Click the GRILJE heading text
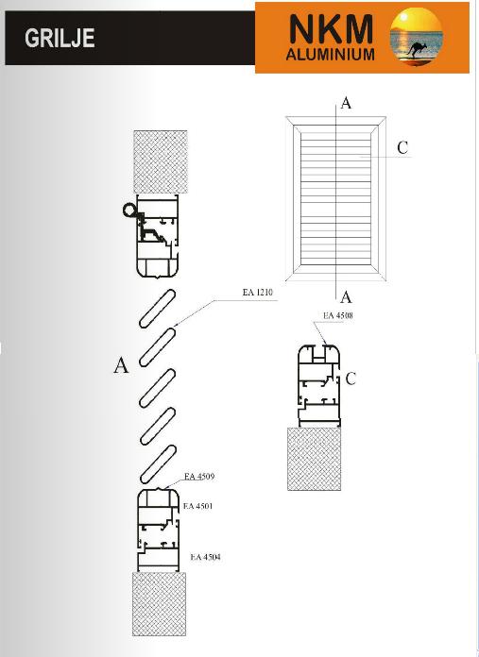60,38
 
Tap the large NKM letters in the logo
331,28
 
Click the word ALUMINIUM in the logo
330,55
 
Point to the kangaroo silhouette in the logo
416,49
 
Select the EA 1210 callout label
258,292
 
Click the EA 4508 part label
338,315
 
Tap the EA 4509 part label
199,477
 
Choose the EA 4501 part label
198,506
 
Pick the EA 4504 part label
206,557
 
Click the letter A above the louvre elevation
346,103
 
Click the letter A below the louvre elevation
346,297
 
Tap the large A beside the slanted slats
121,365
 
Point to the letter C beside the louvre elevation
402,147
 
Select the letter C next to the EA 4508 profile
351,379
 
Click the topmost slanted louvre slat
157,308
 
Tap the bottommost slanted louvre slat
157,464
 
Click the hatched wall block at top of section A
161,161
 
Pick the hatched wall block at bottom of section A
160,604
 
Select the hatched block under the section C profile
314,459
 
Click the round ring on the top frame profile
129,210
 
